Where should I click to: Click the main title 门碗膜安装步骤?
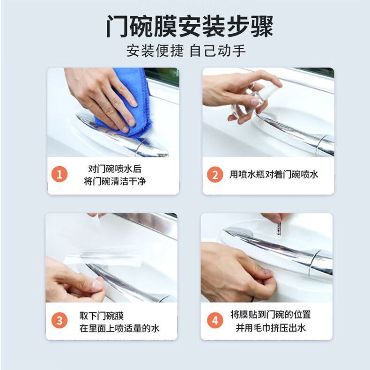190,26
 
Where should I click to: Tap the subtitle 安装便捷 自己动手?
186,51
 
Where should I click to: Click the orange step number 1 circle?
59,174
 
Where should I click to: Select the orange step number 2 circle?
215,175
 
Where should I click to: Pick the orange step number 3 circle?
59,320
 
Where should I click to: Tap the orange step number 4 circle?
215,320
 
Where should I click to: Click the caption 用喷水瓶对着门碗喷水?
274,174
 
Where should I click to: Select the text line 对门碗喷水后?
115,169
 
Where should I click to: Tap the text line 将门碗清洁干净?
115,181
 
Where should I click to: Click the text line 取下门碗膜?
102,316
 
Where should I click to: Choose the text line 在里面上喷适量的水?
119,328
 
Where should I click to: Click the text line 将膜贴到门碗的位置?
271,315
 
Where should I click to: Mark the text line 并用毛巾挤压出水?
271,327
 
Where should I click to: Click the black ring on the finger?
252,299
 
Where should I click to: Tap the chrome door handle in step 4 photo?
279,250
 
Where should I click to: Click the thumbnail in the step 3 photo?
97,284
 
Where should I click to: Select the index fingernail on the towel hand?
134,103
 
